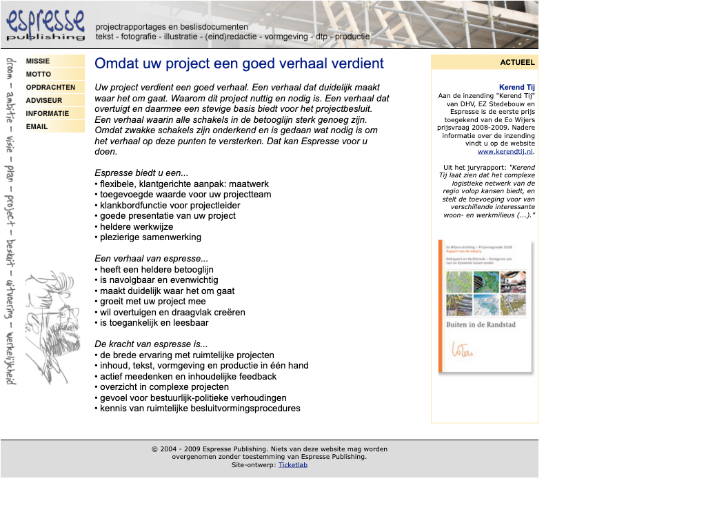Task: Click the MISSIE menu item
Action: (39, 61)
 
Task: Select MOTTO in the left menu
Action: (39, 74)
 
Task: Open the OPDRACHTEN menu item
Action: (50, 87)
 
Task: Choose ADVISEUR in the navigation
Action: (44, 100)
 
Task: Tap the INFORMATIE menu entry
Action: (48, 113)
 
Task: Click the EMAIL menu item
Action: (37, 126)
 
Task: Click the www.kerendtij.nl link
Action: (505, 151)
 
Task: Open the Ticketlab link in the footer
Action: (293, 464)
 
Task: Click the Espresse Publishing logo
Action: (46, 25)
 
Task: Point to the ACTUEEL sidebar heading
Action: (517, 62)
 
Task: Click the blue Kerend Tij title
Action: (516, 87)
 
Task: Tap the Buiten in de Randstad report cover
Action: (485, 306)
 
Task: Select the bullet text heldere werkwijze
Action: (137, 226)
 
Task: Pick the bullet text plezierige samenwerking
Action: (150, 237)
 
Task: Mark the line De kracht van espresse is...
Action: (150, 344)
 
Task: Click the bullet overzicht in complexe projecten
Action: (164, 386)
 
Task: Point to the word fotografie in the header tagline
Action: (138, 37)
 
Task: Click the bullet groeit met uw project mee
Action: (152, 301)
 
